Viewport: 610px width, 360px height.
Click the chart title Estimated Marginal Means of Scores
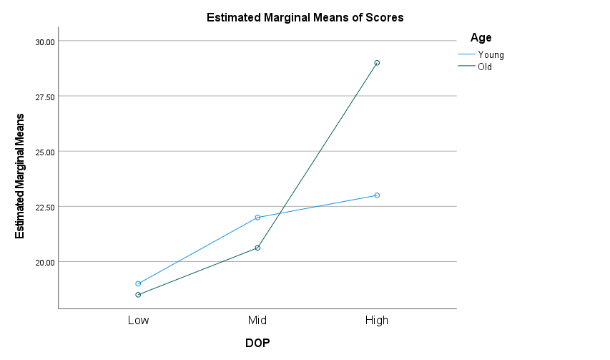tap(305, 18)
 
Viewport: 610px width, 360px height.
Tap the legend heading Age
tap(481, 38)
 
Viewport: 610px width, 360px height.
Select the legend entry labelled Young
tap(491, 54)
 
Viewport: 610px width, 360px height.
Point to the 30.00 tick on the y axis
tap(44, 42)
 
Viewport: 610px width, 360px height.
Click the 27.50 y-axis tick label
tap(44, 97)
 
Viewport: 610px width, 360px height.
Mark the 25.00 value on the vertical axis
tap(44, 152)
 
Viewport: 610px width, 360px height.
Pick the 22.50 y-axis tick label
tap(44, 207)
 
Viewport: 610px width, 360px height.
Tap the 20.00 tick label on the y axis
tap(44, 262)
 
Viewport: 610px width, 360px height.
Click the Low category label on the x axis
tap(138, 320)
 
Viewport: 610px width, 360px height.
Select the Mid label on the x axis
tap(257, 320)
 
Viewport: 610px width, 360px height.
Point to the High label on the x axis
tap(377, 320)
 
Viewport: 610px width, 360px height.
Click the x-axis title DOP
tap(257, 343)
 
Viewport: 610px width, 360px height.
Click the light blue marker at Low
tap(138, 284)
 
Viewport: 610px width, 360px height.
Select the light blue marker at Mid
tap(257, 218)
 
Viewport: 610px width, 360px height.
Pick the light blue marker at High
tap(377, 195)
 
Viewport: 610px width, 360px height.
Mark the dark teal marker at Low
tap(138, 295)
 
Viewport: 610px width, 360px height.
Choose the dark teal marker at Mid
tap(257, 248)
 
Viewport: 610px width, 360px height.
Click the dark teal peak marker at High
tap(377, 63)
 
